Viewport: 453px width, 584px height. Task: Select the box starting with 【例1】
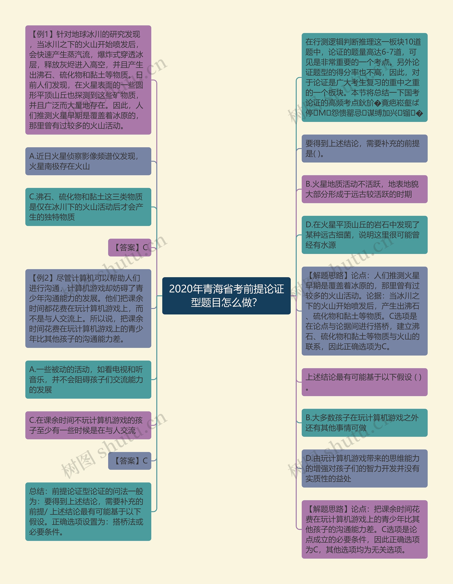click(x=88, y=80)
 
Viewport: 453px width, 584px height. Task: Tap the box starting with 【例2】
click(x=88, y=308)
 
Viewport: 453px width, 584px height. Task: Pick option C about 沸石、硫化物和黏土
click(x=88, y=207)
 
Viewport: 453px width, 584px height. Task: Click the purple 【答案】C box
click(x=130, y=247)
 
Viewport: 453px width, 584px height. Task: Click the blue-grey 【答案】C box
click(x=130, y=460)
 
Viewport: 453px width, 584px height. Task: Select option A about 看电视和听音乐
click(x=88, y=379)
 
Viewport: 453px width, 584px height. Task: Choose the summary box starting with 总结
click(x=88, y=511)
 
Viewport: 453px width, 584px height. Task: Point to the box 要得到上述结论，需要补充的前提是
click(x=364, y=148)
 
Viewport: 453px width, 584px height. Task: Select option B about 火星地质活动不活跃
click(x=364, y=189)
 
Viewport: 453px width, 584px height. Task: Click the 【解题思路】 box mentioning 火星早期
click(x=364, y=311)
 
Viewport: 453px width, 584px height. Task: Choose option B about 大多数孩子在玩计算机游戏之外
click(x=364, y=423)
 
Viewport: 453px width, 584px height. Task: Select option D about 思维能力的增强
click(x=364, y=468)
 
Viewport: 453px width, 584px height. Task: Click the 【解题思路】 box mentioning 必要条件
click(x=364, y=529)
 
